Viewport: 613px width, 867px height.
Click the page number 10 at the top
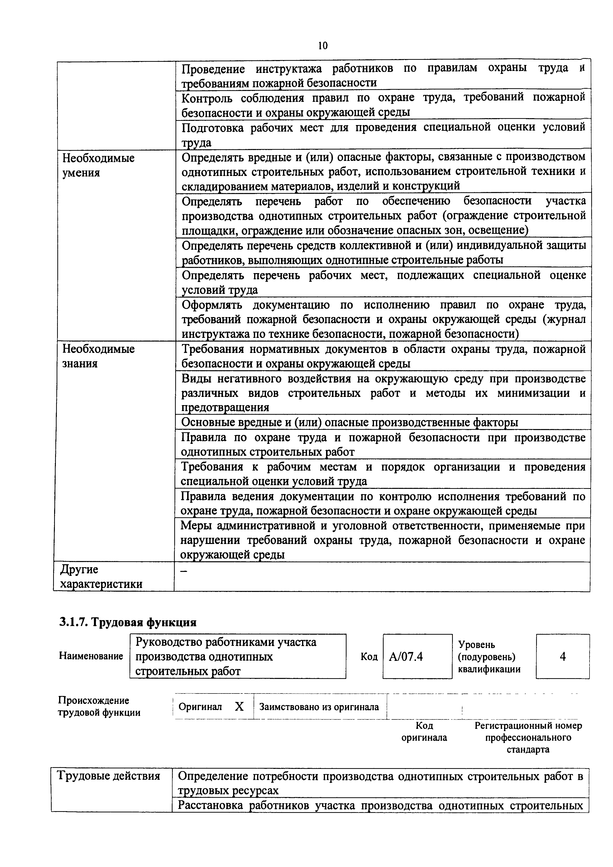[x=323, y=46]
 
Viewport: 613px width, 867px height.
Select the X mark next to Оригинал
[x=239, y=707]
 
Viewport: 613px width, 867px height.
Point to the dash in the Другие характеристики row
[x=184, y=572]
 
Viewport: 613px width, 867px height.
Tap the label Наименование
[x=91, y=656]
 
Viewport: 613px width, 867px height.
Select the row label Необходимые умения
[x=98, y=165]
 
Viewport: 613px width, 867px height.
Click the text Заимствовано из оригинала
[x=319, y=707]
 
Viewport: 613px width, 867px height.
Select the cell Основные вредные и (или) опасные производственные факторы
[x=349, y=422]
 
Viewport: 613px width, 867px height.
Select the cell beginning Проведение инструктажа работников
[x=383, y=75]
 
